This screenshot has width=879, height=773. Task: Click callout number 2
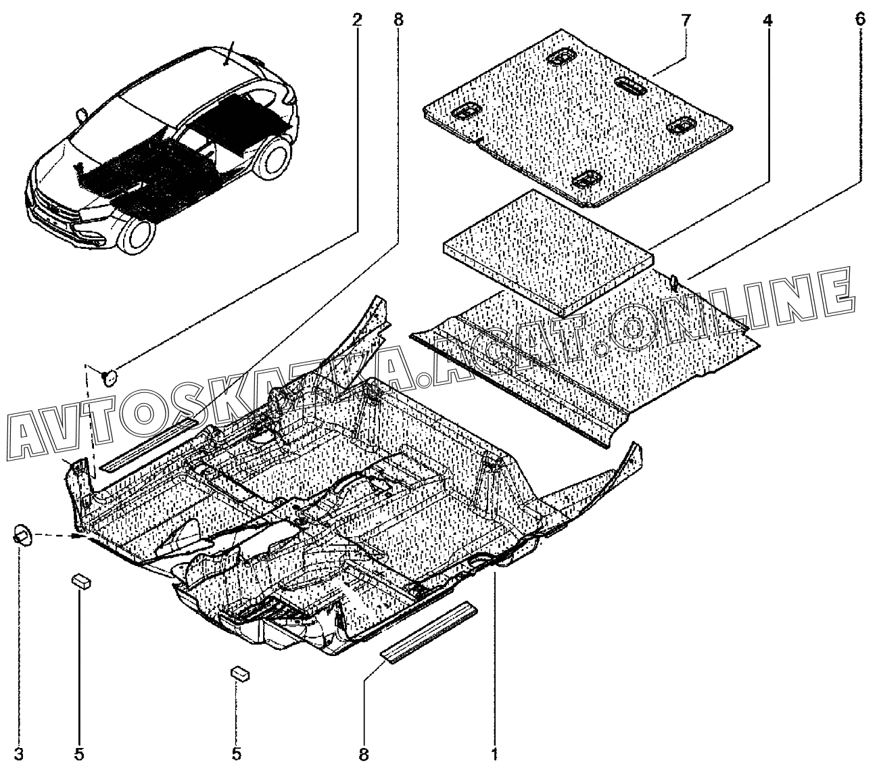point(356,20)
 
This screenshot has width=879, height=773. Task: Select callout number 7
point(686,20)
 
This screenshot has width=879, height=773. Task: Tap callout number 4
point(767,20)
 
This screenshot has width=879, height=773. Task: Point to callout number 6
point(859,20)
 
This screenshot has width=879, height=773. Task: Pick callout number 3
point(19,753)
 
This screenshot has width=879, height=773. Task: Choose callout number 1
point(496,753)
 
